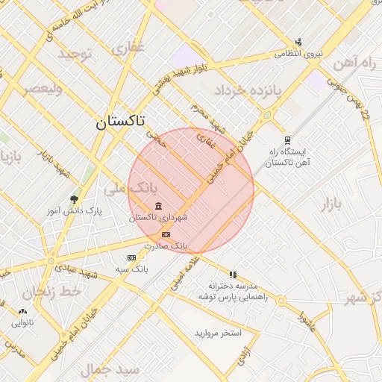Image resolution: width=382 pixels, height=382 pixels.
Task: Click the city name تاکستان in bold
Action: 120,122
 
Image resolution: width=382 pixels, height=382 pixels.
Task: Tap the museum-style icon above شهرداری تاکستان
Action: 157,206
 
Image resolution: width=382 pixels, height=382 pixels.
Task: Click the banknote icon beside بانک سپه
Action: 132,257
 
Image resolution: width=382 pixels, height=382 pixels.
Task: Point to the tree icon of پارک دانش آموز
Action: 73,199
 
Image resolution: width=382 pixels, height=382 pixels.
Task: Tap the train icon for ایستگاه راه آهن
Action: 288,140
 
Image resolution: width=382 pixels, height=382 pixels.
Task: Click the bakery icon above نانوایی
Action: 22,312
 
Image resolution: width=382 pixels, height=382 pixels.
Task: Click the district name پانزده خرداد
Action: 248,91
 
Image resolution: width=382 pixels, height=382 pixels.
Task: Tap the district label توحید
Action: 75,54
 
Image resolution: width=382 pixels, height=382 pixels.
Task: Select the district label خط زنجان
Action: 51,292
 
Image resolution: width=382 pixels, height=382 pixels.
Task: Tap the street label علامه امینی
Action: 186,272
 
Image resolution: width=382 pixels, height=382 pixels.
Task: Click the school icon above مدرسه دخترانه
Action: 233,275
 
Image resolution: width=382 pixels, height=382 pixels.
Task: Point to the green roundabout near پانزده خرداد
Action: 266,116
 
